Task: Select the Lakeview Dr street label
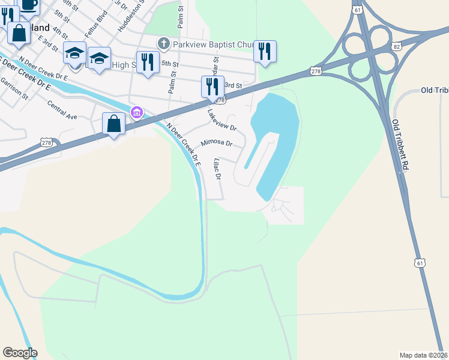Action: tap(222, 120)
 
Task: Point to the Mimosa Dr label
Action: tap(216, 143)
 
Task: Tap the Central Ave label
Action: tap(62, 108)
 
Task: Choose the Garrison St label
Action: tap(14, 88)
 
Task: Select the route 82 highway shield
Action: tap(397, 46)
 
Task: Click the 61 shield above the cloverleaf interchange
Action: tap(358, 10)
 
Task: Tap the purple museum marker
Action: tap(136, 113)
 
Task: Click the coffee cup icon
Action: tap(28, 5)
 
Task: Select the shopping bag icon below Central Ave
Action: tap(114, 124)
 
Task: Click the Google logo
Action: tap(20, 353)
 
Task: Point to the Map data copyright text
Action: tap(424, 355)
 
